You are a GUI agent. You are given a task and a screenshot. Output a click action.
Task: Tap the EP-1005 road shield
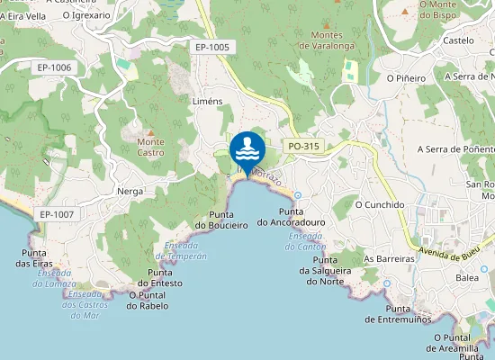[212, 47]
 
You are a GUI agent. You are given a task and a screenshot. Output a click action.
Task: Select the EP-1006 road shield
[55, 67]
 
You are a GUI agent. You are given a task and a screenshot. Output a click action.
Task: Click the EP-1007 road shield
[57, 214]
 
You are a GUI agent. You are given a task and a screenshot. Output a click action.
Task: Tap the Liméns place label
[207, 102]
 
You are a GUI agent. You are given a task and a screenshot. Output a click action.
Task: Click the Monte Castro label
[150, 147]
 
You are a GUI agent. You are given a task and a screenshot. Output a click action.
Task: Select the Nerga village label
[130, 191]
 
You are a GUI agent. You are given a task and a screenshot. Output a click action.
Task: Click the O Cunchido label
[380, 204]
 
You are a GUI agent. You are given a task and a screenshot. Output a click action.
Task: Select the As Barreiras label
[389, 258]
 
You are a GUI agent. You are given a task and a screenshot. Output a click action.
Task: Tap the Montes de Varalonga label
[328, 40]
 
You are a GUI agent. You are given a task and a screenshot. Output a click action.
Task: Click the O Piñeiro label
[406, 78]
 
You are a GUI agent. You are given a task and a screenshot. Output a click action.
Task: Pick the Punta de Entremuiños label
[399, 313]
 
